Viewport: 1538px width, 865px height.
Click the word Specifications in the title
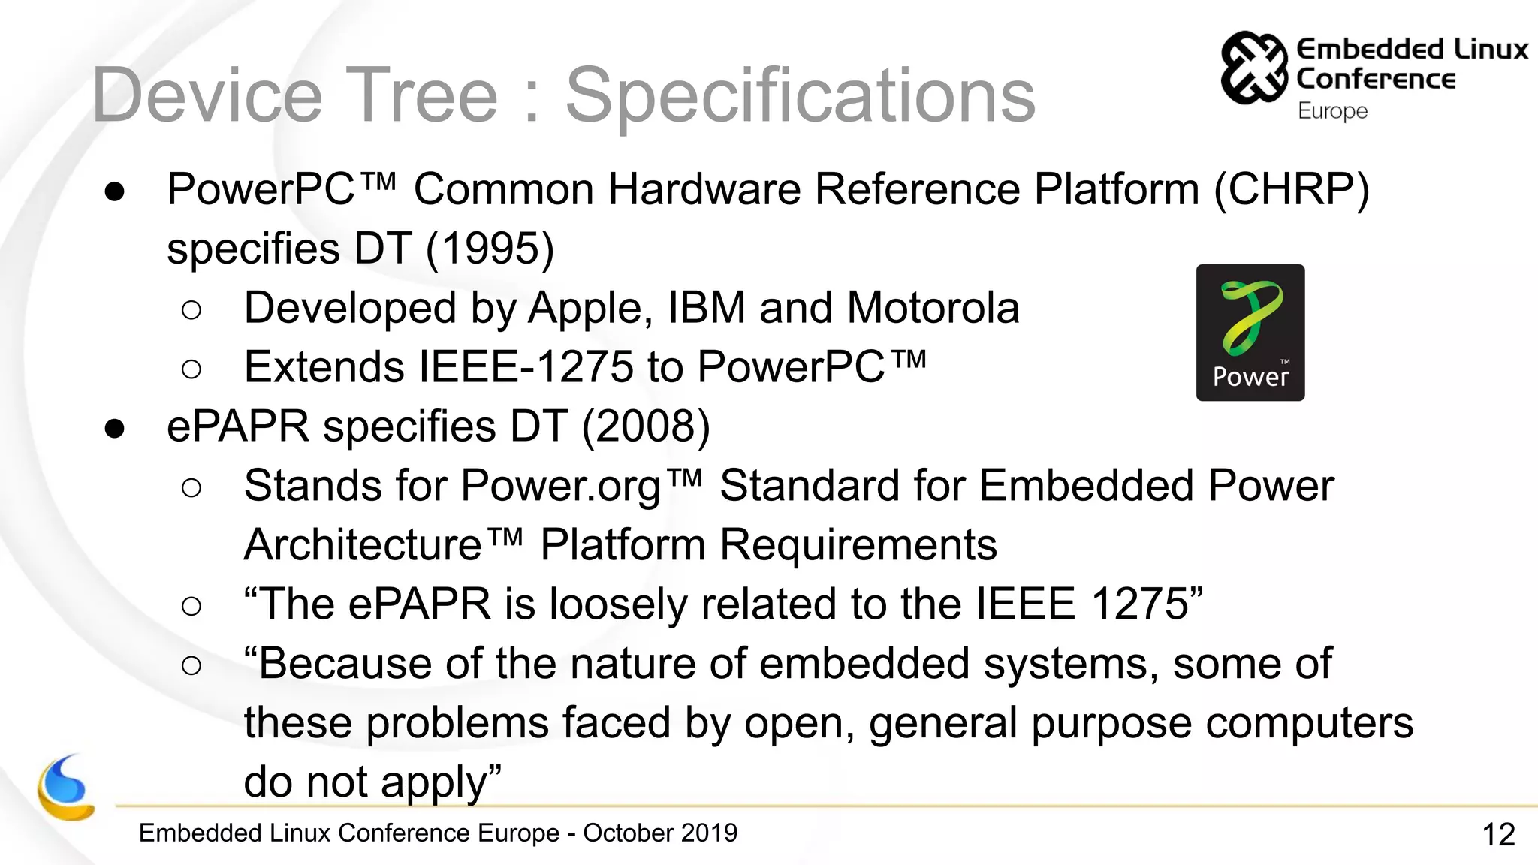tap(800, 95)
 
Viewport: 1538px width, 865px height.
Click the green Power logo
tap(1250, 332)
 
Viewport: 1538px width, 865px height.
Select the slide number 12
tap(1498, 835)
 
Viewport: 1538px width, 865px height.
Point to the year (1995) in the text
tap(490, 249)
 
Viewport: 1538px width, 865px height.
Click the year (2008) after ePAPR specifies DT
tap(646, 426)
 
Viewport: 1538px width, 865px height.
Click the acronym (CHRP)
tap(1292, 189)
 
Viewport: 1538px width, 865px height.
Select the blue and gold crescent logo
tap(66, 788)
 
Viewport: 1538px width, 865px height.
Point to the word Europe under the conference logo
tap(1332, 111)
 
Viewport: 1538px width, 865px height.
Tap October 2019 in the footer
tap(660, 833)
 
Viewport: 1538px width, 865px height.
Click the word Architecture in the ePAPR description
tap(363, 544)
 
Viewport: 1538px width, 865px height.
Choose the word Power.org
tap(560, 486)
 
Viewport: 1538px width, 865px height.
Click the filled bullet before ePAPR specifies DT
tap(115, 429)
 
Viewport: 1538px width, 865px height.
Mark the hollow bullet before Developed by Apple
tap(191, 310)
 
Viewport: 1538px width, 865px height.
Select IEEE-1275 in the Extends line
tap(526, 367)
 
